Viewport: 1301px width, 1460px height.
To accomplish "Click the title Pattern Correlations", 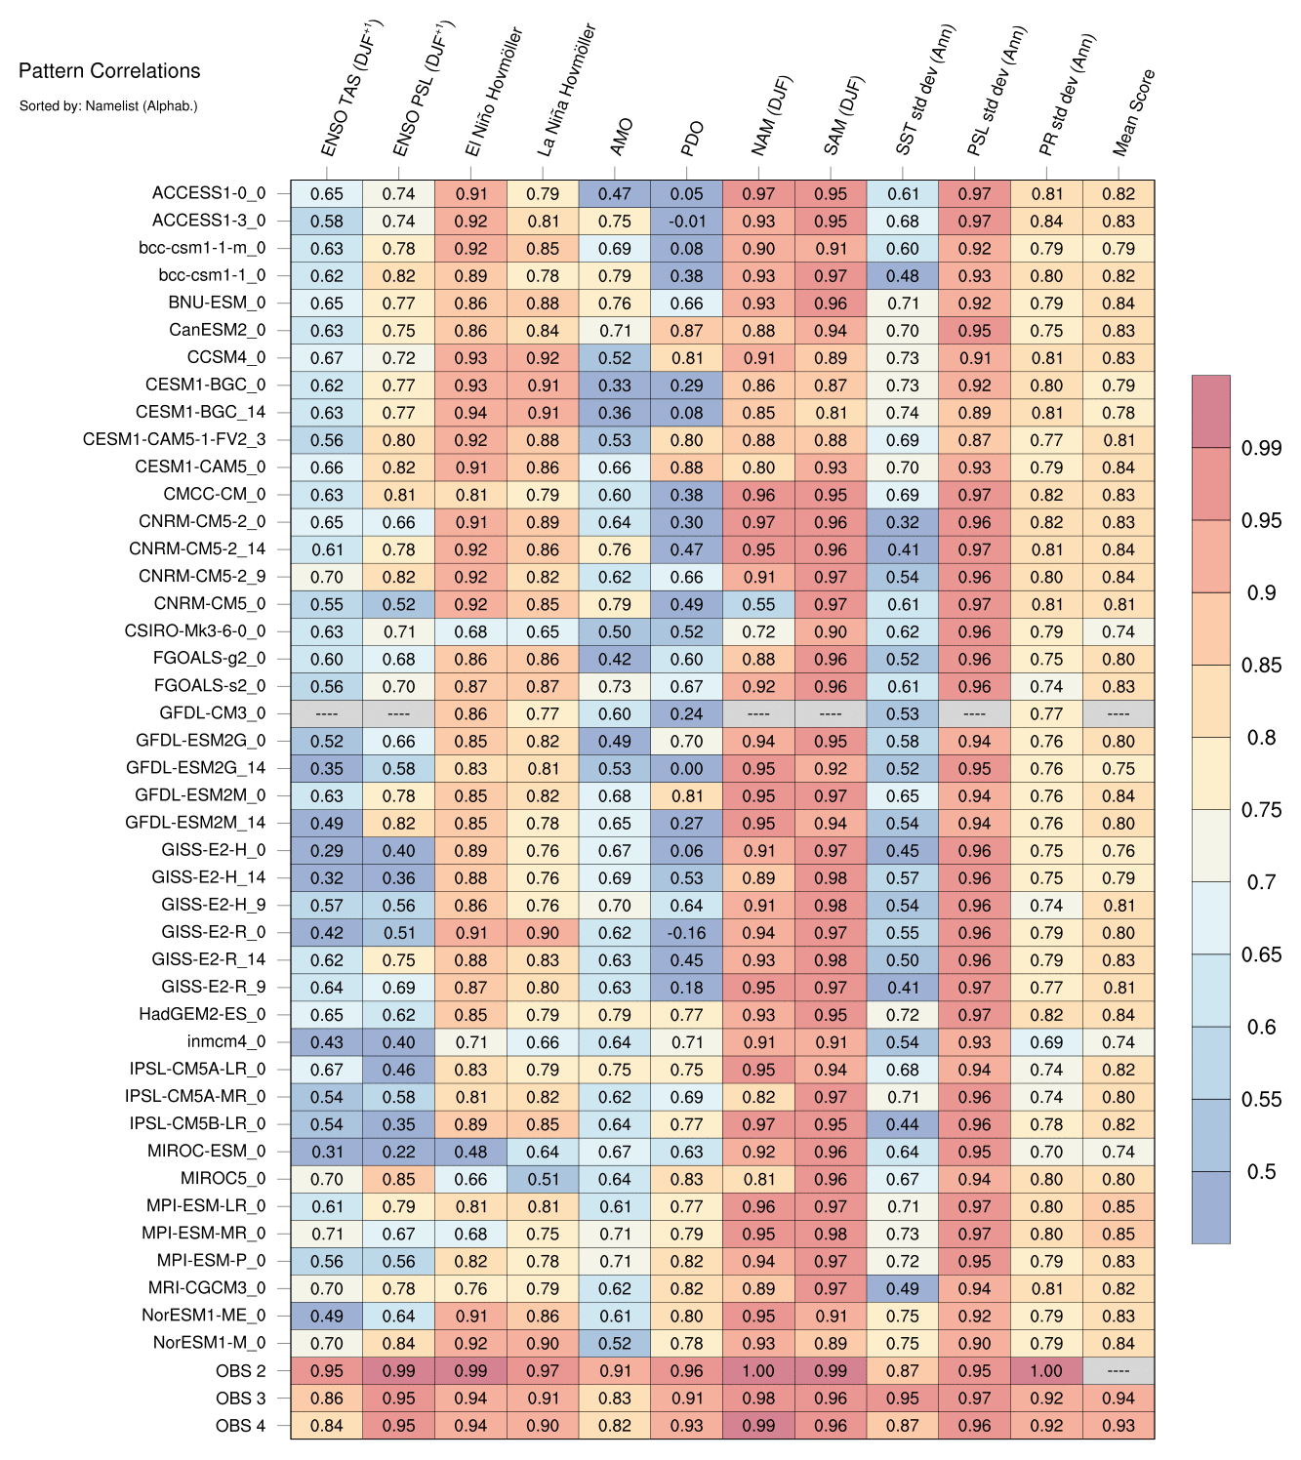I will (x=109, y=70).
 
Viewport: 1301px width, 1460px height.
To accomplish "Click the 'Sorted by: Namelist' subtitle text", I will (x=108, y=105).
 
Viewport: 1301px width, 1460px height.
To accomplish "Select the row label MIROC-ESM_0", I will (x=206, y=1152).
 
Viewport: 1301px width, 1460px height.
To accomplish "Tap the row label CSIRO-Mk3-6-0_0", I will (x=195, y=631).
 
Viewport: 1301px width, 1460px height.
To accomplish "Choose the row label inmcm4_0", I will (x=225, y=1042).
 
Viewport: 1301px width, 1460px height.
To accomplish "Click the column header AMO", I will (x=621, y=138).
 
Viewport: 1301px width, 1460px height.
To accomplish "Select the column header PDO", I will (x=692, y=138).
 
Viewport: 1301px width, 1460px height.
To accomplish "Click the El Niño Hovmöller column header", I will (x=494, y=93).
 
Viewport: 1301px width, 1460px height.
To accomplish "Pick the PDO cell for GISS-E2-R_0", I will (x=687, y=933).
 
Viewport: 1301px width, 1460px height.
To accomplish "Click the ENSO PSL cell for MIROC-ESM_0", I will (x=398, y=1152).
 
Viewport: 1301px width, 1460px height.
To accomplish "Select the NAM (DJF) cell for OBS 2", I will (x=758, y=1370).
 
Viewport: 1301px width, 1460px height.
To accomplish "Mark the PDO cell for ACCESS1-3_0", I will (x=687, y=222).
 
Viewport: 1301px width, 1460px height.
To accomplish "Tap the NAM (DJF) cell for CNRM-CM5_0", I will (x=758, y=604).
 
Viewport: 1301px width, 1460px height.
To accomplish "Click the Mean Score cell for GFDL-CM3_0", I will (x=1118, y=713).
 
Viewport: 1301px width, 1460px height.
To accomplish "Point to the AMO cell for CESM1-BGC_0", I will (x=615, y=385).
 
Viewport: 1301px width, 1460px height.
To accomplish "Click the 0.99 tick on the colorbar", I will (x=1261, y=448).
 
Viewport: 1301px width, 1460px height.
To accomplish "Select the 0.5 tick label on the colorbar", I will (x=1261, y=1171).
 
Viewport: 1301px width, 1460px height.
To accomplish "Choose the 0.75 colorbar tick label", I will (x=1261, y=809).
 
